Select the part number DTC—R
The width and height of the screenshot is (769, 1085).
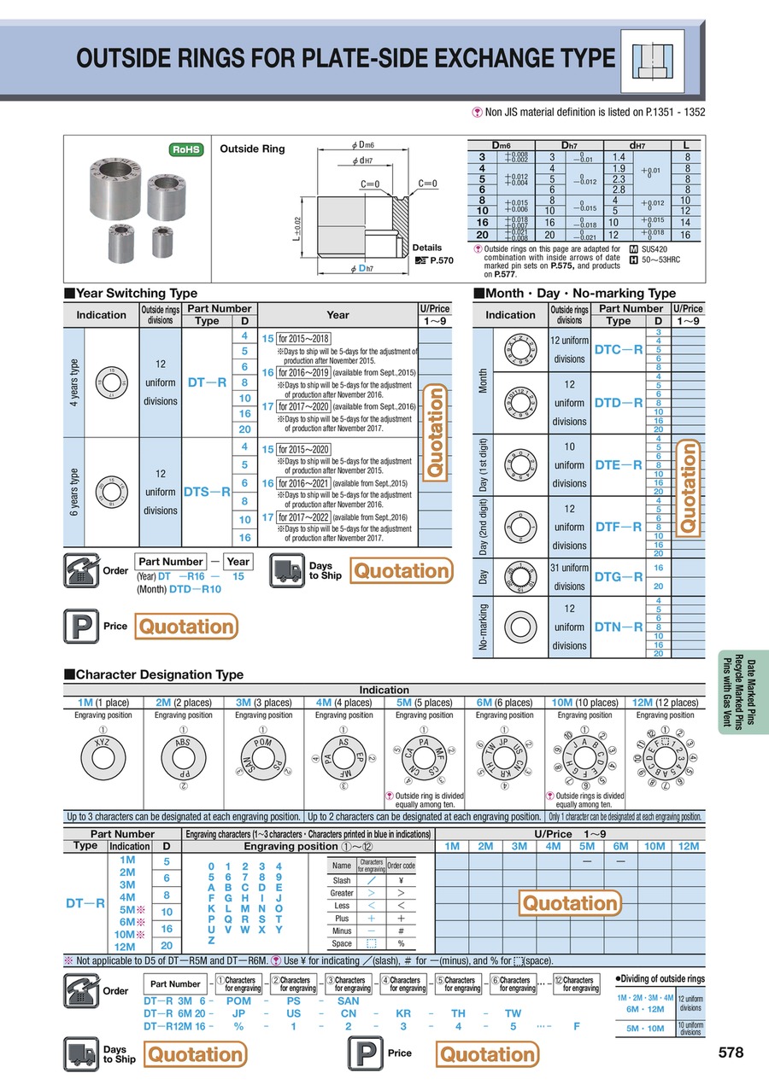(618, 349)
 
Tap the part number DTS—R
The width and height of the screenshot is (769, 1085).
(208, 492)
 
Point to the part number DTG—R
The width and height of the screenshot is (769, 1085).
(618, 576)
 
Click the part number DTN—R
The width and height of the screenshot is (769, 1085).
(618, 627)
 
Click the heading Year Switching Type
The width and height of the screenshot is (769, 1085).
(136, 293)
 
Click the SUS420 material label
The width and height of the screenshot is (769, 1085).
(659, 248)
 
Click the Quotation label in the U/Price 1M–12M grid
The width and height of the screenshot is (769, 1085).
(569, 902)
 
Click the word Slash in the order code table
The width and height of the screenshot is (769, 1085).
(342, 880)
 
